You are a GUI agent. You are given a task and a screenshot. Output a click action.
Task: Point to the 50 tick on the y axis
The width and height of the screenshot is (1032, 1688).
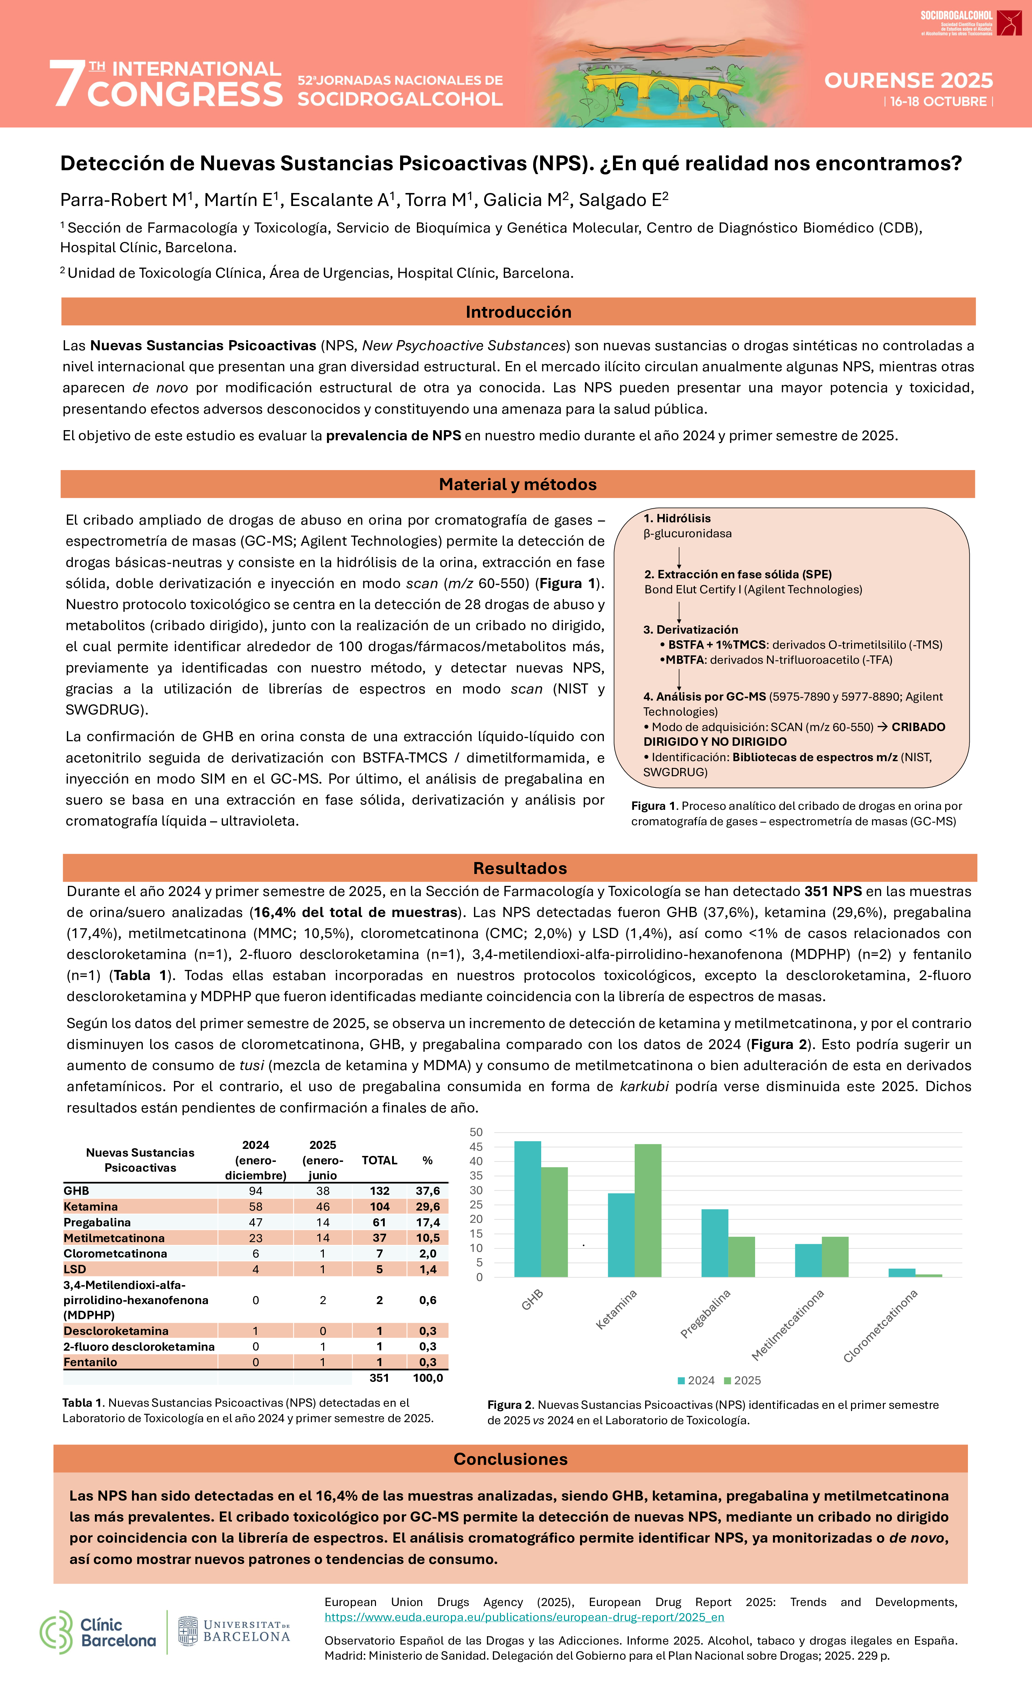pyautogui.click(x=476, y=1132)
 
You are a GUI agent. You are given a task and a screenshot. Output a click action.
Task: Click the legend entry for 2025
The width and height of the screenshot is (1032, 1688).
pyautogui.click(x=742, y=1380)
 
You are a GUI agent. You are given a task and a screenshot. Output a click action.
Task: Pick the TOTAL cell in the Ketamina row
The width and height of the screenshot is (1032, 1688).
pyautogui.click(x=379, y=1206)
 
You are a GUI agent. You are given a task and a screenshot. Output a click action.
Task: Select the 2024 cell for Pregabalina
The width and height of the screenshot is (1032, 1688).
pyautogui.click(x=256, y=1222)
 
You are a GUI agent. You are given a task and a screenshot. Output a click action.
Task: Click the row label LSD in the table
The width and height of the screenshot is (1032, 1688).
pyautogui.click(x=75, y=1269)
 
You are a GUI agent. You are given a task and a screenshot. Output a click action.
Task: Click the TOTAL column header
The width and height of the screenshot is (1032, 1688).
pyautogui.click(x=379, y=1160)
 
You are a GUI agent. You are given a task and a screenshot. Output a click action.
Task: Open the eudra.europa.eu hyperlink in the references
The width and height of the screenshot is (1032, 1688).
pyautogui.click(x=524, y=1617)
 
